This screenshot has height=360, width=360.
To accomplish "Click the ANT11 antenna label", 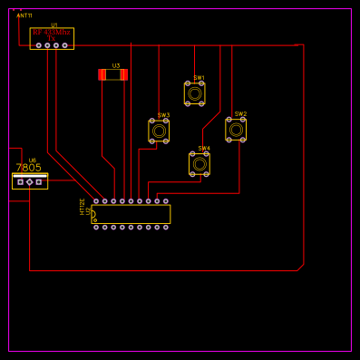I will (24, 15).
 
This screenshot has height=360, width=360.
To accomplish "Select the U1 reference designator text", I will (54, 25).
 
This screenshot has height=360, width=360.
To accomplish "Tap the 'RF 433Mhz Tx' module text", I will (52, 33).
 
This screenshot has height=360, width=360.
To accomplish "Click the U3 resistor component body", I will (113, 74).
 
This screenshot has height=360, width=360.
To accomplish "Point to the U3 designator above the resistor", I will (116, 65).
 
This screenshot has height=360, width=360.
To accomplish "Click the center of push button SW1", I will (195, 92).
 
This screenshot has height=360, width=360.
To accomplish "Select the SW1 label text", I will (199, 77).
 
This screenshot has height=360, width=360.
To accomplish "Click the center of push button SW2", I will (236, 129).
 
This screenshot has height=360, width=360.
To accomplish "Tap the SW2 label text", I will (240, 114).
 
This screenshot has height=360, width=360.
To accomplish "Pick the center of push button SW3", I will (159, 131).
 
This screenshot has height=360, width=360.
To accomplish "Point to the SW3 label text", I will (163, 115).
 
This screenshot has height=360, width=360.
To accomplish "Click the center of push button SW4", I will (199, 164).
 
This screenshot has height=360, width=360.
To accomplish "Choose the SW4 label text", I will (204, 148).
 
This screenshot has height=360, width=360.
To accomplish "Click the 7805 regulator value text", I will (28, 168).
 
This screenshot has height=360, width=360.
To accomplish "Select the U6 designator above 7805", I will (33, 160).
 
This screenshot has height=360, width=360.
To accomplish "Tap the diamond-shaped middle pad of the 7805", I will (30, 182).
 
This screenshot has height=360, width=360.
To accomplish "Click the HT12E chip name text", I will (83, 205).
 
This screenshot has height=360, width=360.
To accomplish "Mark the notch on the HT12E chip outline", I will (93, 215).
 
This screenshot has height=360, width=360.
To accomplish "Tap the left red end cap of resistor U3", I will (102, 74).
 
